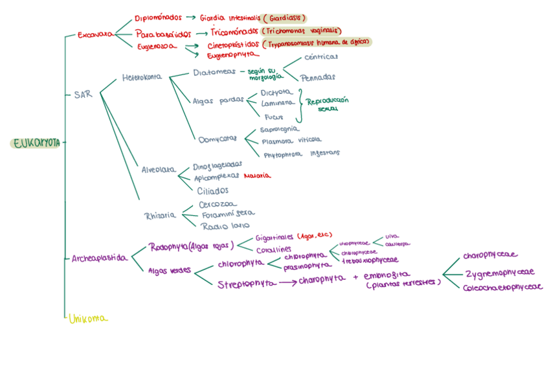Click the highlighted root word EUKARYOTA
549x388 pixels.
point(36,143)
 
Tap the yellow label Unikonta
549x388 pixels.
point(88,318)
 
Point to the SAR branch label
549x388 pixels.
point(83,95)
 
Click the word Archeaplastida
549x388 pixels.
point(99,258)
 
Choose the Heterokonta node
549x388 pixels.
point(142,78)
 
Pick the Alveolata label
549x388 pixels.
point(159,170)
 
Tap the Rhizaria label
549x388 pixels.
point(159,215)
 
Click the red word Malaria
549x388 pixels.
point(257,176)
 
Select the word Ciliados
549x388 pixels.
point(213,190)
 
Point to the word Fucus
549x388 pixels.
point(274,117)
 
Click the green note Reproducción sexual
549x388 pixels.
point(327,104)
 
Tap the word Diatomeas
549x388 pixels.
point(214,73)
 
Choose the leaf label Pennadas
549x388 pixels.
point(318,77)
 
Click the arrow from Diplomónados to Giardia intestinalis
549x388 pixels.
point(190,18)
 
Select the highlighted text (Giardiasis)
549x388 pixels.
point(284,18)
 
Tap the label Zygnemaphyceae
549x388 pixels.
point(500,273)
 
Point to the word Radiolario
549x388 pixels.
point(225,226)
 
